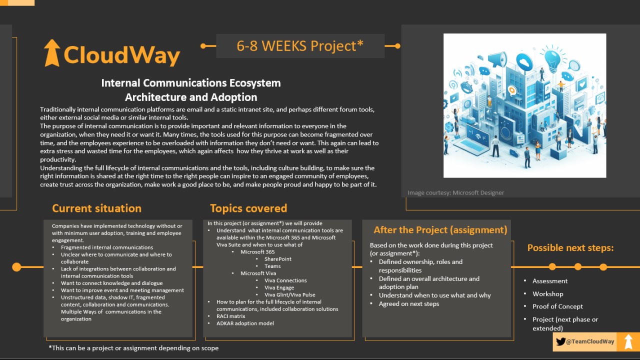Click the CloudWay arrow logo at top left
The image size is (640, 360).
point(51,53)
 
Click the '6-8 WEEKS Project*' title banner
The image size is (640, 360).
point(300,46)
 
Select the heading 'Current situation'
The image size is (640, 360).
point(96,208)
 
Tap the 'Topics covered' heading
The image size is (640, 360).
point(248,208)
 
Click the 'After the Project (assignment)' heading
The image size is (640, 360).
point(440,229)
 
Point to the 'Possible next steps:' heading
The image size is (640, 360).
point(570,247)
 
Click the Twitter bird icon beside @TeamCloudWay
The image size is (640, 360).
point(560,341)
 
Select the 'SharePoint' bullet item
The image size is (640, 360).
point(277,259)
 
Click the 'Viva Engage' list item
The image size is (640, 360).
point(279,287)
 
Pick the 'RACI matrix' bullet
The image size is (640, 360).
point(230,316)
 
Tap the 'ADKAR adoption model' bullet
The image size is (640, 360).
point(245,323)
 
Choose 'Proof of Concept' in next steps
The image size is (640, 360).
point(557,306)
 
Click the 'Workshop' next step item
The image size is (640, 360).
point(547,293)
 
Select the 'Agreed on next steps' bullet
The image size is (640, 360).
point(409,303)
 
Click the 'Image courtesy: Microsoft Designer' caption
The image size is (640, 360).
point(455,192)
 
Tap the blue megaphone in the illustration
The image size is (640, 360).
point(497,59)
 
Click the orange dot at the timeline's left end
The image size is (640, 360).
point(16,267)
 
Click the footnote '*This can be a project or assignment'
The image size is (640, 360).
point(133,348)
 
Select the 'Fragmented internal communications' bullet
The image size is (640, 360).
point(107,247)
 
